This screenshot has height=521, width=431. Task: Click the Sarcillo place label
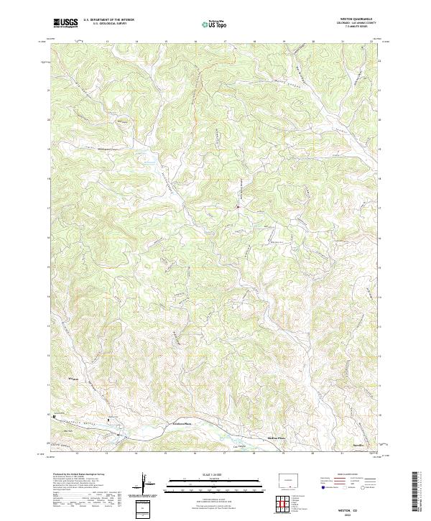pyautogui.click(x=357, y=447)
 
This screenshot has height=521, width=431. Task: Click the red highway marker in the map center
pyautogui.click(x=238, y=208)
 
